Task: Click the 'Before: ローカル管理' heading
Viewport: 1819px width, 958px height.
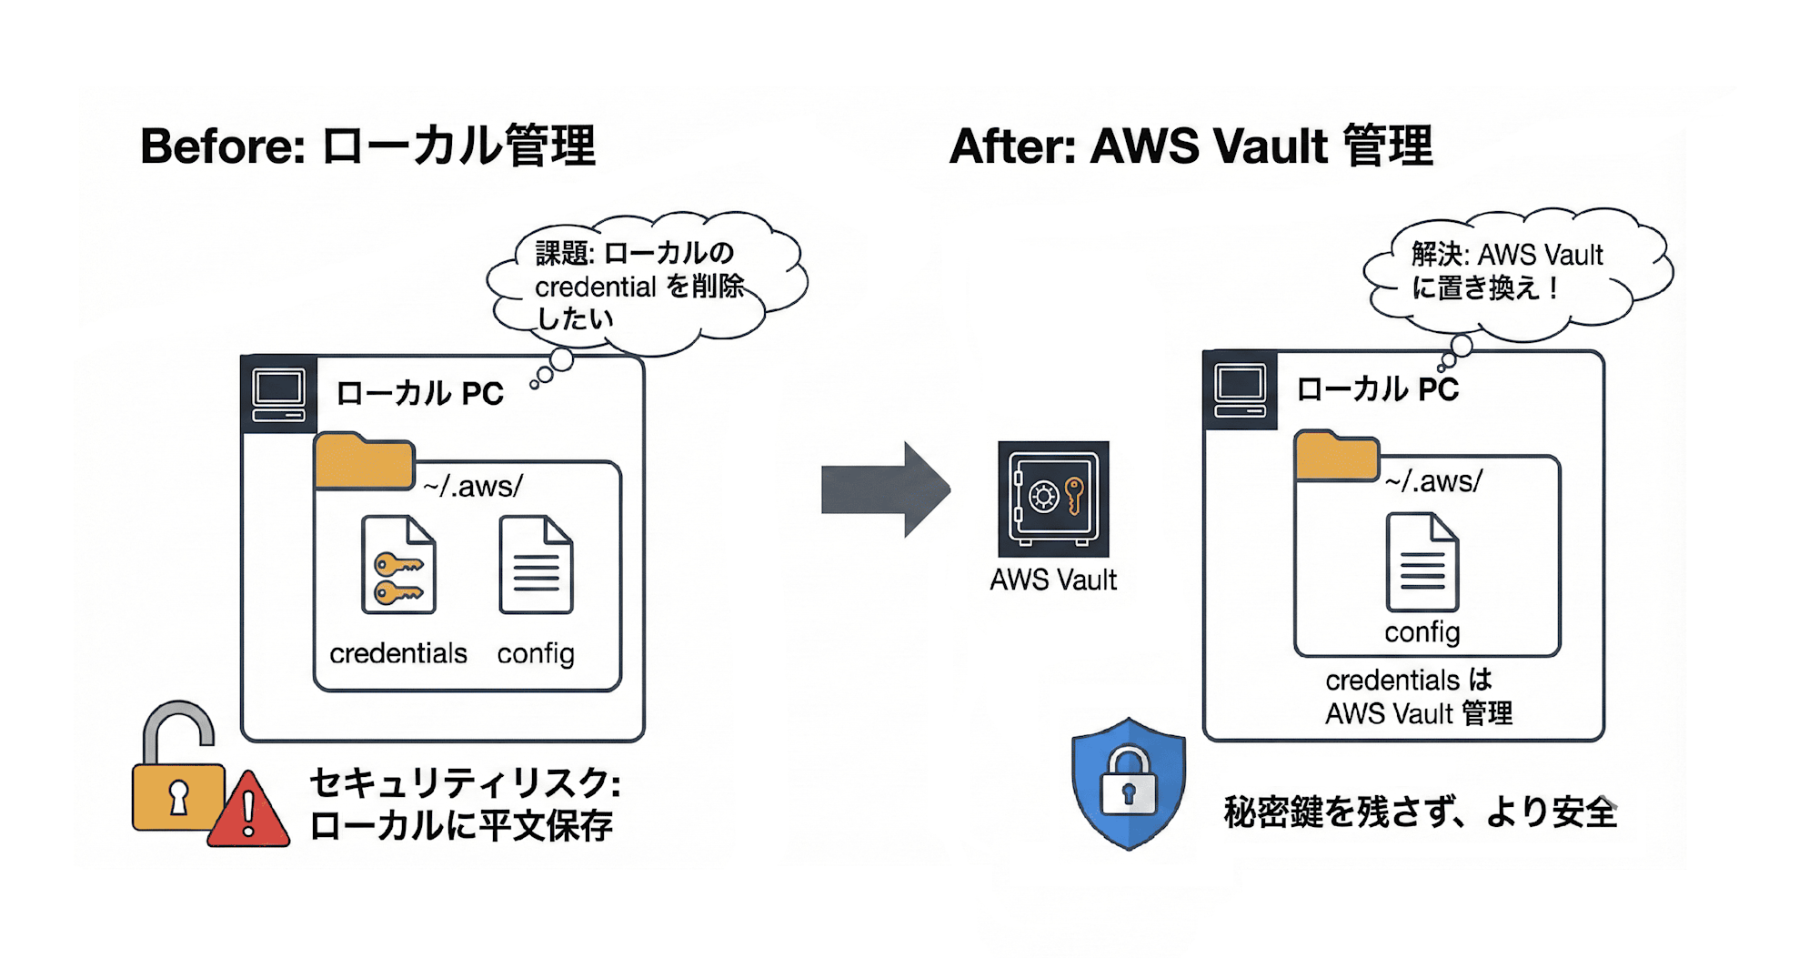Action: pyautogui.click(x=367, y=146)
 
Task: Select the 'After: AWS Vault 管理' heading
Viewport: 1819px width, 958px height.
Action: pyautogui.click(x=1191, y=146)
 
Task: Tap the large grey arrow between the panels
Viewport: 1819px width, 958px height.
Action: pyautogui.click(x=885, y=489)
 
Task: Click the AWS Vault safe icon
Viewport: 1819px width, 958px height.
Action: pyautogui.click(x=1053, y=499)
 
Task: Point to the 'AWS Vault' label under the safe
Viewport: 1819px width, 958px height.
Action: pyautogui.click(x=1053, y=580)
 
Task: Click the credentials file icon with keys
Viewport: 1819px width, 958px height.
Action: pyautogui.click(x=398, y=565)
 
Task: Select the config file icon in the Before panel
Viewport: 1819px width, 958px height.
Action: pyautogui.click(x=536, y=565)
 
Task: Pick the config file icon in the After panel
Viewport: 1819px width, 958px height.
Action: pyautogui.click(x=1422, y=562)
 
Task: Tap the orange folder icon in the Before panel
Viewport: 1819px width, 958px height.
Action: pyautogui.click(x=364, y=462)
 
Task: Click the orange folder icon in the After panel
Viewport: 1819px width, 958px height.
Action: pyautogui.click(x=1336, y=457)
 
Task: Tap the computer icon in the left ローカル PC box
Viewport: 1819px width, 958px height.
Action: pyautogui.click(x=279, y=395)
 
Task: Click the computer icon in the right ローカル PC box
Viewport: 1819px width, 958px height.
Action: pyautogui.click(x=1240, y=389)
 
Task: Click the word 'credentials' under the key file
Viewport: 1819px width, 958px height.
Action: pyautogui.click(x=398, y=653)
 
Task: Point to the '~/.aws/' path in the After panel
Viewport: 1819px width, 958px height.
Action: pyautogui.click(x=1433, y=480)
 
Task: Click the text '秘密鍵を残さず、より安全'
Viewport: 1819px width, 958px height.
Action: pyautogui.click(x=1420, y=812)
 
